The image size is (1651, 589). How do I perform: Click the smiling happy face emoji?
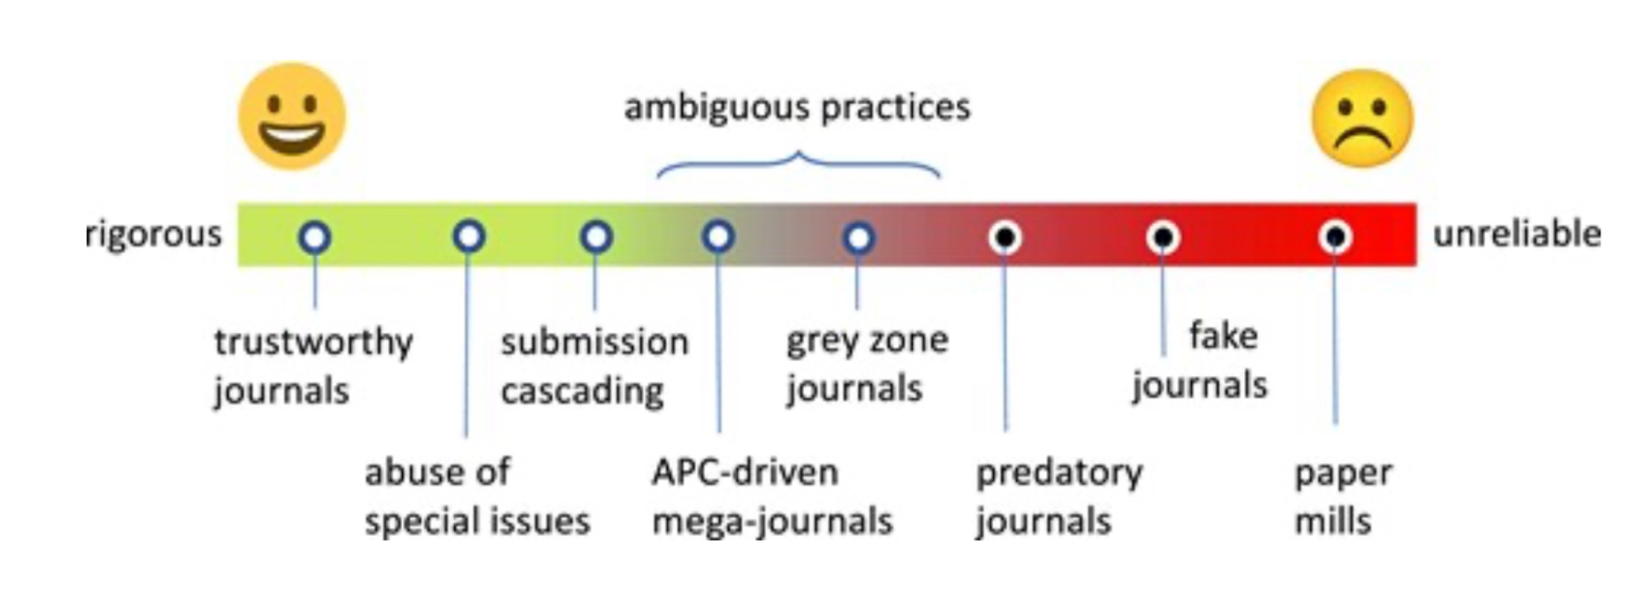[x=291, y=116]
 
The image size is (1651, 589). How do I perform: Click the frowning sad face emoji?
[x=1362, y=119]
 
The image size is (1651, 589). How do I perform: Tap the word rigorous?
[x=154, y=235]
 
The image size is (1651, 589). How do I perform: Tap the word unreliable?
[x=1516, y=235]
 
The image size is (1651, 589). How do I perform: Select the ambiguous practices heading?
[x=797, y=107]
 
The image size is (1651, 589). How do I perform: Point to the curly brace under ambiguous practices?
[x=798, y=164]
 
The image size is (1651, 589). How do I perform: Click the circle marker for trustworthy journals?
[x=315, y=238]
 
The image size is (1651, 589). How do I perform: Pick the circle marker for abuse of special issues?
[x=469, y=237]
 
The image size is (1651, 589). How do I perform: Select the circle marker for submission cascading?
[x=596, y=237]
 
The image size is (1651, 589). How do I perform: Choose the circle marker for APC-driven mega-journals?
[x=718, y=237]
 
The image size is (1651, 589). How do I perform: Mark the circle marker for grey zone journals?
[x=859, y=238]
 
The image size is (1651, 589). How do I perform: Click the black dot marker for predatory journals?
[x=1005, y=238]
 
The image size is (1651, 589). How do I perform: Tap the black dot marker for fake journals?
[x=1162, y=238]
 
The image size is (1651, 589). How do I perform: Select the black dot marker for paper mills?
[x=1335, y=238]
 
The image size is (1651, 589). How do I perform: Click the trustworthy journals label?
[x=312, y=365]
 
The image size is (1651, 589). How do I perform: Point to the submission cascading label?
[x=594, y=365]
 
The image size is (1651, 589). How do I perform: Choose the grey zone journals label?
[x=866, y=363]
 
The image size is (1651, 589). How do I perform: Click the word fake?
[x=1223, y=336]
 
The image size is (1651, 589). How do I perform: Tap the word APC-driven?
[x=745, y=473]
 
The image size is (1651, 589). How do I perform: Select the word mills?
[x=1332, y=521]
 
